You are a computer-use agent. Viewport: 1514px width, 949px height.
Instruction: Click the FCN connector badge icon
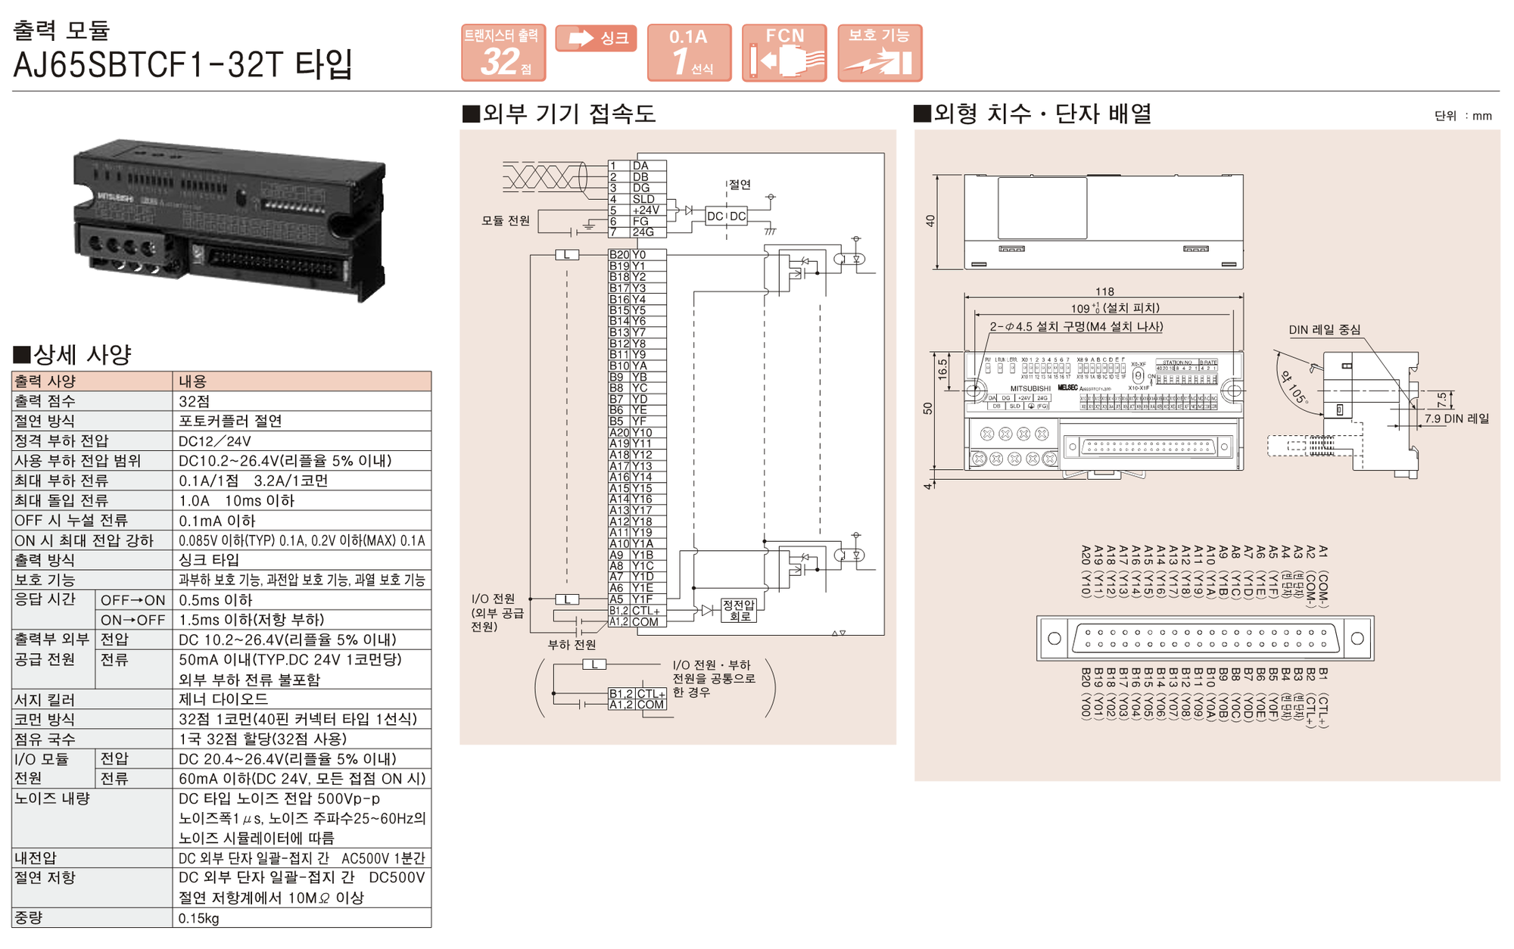click(783, 53)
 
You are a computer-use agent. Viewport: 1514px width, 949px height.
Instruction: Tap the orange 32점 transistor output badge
click(503, 53)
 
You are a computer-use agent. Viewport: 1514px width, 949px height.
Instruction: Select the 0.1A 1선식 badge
click(689, 53)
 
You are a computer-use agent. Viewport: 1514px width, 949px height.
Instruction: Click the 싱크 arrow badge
click(596, 39)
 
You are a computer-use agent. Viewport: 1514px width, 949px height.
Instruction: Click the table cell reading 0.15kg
click(198, 918)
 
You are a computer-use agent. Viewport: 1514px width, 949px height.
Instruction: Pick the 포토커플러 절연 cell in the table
click(230, 421)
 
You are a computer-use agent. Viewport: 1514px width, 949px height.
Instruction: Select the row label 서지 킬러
click(45, 699)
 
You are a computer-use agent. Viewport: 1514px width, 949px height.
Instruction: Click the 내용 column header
click(192, 381)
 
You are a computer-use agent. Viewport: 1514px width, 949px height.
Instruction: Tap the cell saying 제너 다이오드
click(223, 699)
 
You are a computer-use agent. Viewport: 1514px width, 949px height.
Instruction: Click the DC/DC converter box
click(726, 216)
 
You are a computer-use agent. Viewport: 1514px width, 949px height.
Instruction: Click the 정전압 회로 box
click(738, 610)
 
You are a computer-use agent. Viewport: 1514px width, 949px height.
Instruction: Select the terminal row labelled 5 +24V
click(636, 210)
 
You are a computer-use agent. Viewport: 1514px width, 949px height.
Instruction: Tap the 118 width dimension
click(1104, 291)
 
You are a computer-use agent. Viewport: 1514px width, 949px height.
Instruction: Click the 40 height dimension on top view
click(930, 221)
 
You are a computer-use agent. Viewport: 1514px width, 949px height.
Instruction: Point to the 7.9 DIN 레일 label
click(1456, 418)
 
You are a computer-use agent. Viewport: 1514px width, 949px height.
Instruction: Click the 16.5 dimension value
click(942, 369)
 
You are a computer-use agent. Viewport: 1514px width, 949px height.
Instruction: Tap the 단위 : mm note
click(1463, 116)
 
